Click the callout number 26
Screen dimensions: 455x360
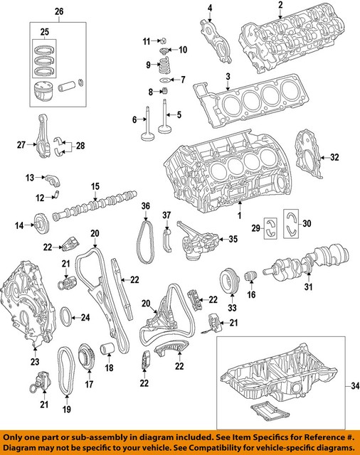(58, 11)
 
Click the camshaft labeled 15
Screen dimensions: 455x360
(92, 204)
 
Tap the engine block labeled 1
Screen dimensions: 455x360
(221, 174)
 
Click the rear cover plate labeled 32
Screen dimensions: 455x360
(308, 154)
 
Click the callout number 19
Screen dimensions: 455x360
(67, 410)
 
